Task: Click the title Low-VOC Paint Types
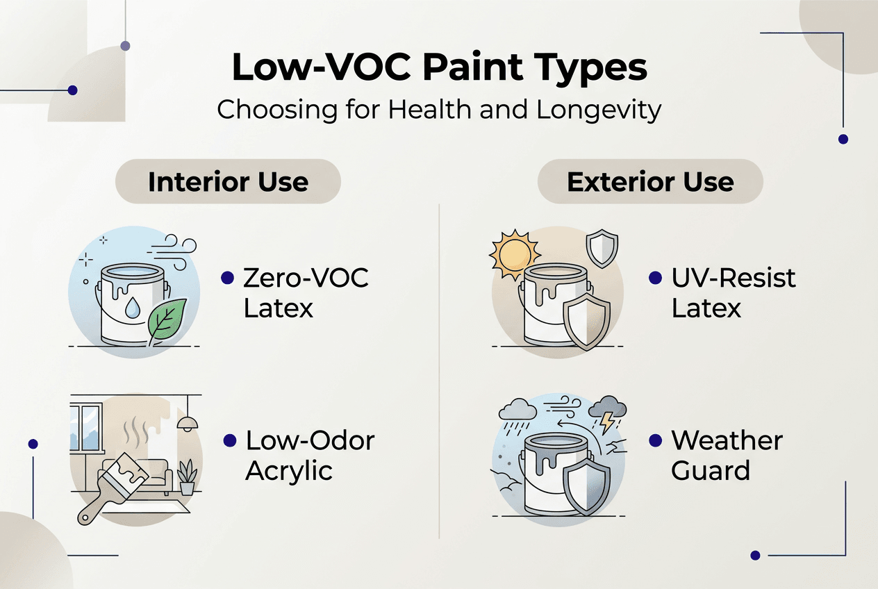[439, 68]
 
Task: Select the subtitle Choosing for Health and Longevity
[439, 110]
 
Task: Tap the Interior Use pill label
[228, 182]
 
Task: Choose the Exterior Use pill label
[650, 182]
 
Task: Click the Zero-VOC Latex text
[306, 292]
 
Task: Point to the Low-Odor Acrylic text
[310, 455]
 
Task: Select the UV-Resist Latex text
[734, 292]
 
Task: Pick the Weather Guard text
[727, 455]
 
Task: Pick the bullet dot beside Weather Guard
[654, 440]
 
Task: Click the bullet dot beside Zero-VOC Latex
[226, 278]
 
